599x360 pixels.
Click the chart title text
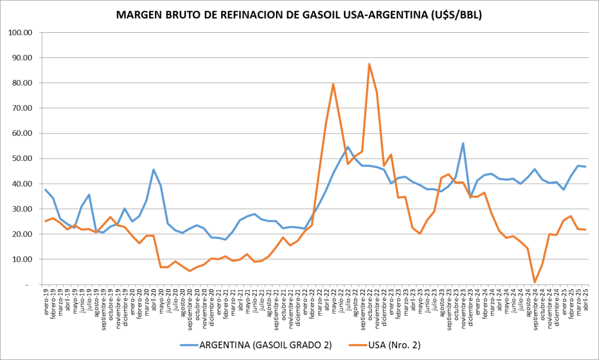point(299,16)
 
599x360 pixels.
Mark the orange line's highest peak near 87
point(369,64)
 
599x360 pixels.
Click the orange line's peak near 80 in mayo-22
point(333,84)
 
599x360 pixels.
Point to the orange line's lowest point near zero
point(535,282)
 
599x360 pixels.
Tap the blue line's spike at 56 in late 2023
point(463,143)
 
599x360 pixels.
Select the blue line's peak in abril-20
point(153,170)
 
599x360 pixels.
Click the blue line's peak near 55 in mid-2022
point(347,147)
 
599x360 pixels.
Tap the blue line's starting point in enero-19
point(46,190)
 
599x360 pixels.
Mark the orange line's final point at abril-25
point(586,229)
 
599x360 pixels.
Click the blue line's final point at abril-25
point(586,167)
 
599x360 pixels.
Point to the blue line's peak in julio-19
point(89,195)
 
